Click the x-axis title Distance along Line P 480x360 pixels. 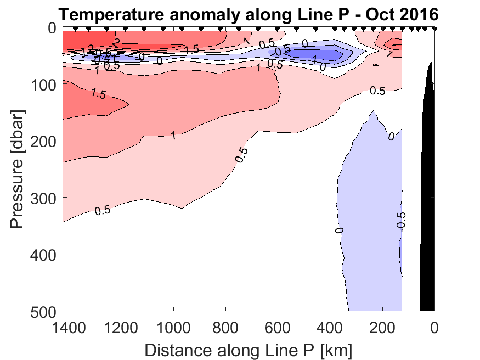click(248, 349)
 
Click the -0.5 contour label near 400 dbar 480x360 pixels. click(401, 220)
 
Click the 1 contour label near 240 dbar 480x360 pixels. click(173, 135)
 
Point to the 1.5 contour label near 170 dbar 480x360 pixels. click(98, 94)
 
